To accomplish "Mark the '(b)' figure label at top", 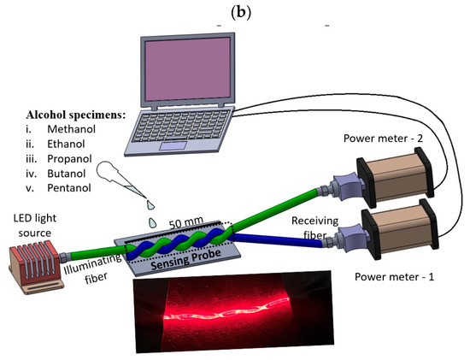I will coord(234,9).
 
